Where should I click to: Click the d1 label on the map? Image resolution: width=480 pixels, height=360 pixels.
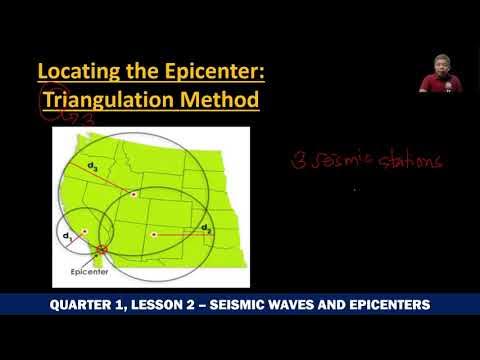click(x=67, y=236)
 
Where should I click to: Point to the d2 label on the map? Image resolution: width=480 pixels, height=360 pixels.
click(x=206, y=229)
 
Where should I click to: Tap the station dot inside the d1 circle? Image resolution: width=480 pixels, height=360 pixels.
click(x=85, y=231)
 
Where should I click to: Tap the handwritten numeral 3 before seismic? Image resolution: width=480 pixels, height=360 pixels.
click(x=297, y=160)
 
